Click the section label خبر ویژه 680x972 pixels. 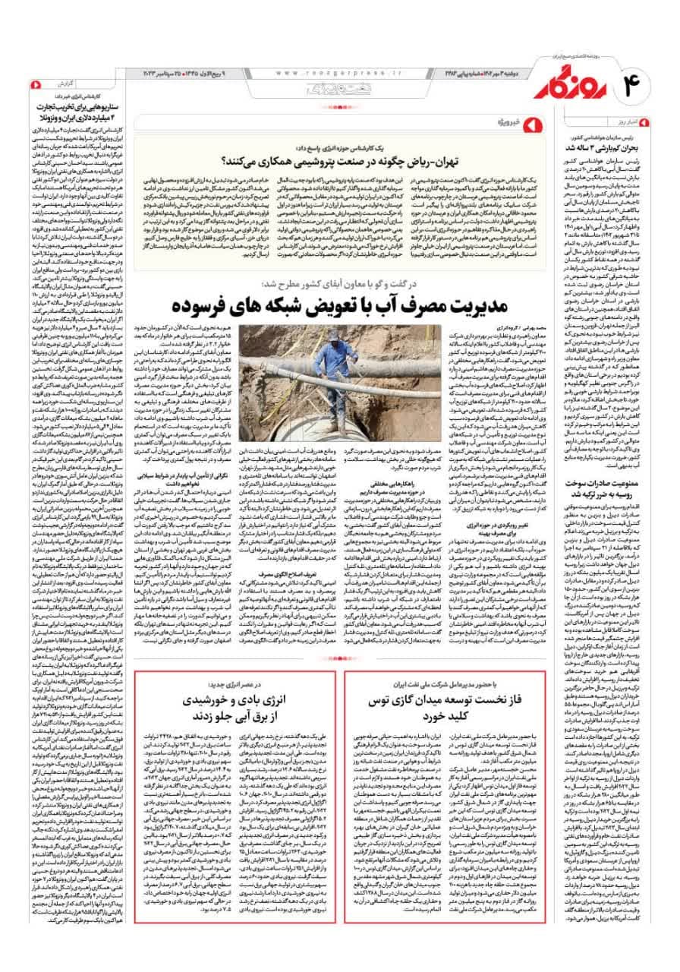pyautogui.click(x=508, y=122)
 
